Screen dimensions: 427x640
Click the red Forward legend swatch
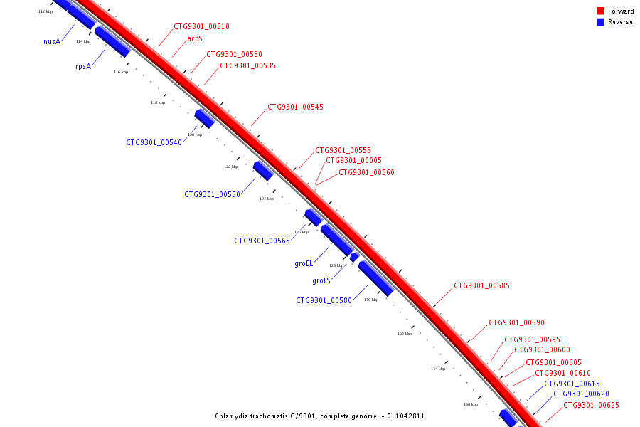(x=600, y=11)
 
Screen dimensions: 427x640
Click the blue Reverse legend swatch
(x=600, y=22)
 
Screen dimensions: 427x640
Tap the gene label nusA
(x=52, y=41)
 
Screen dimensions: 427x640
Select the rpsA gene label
(x=83, y=66)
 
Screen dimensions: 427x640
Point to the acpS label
(x=195, y=38)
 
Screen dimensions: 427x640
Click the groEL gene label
(x=304, y=263)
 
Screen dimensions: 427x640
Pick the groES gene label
(x=321, y=280)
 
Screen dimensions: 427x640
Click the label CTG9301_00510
(x=201, y=27)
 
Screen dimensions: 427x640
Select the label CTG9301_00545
(x=295, y=107)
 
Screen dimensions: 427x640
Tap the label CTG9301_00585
(x=481, y=286)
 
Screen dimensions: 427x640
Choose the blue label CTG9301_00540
(x=154, y=142)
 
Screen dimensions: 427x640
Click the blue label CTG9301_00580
(x=324, y=300)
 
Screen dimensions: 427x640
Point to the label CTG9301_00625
(x=591, y=406)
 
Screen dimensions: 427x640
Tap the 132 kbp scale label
(x=404, y=333)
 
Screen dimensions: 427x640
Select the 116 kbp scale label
(x=121, y=72)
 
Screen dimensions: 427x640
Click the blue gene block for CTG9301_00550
(x=263, y=171)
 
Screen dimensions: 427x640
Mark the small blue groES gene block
(x=354, y=257)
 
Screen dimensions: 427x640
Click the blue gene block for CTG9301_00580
(x=375, y=278)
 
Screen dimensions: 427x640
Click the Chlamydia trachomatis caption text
(x=320, y=416)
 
